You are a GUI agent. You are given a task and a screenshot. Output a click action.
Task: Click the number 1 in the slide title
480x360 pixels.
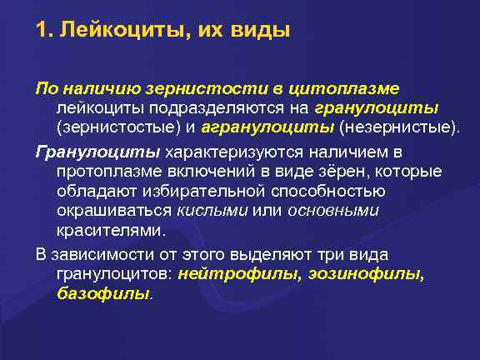point(40,32)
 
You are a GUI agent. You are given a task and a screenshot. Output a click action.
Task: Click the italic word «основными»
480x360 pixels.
point(333,210)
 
